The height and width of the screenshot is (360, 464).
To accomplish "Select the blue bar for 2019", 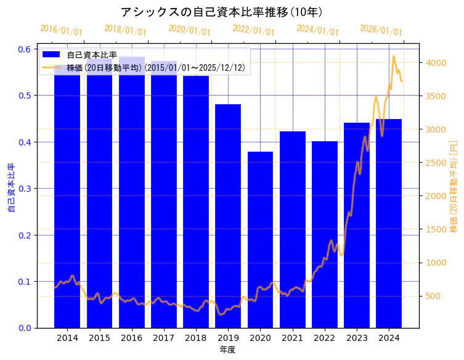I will [228, 216].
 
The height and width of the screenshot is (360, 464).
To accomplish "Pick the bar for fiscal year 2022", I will [324, 234].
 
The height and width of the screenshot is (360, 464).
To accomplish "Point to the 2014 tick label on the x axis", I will [67, 338].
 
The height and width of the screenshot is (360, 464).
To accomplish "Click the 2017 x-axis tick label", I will [163, 338].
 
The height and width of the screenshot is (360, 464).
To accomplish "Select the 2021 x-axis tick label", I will [292, 338].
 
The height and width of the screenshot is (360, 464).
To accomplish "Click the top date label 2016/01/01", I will [61, 30].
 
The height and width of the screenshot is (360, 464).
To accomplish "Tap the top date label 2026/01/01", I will [381, 30].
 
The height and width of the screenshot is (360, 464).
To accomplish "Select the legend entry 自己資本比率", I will [92, 55].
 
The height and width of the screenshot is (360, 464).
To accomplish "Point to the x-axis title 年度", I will [227, 350].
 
